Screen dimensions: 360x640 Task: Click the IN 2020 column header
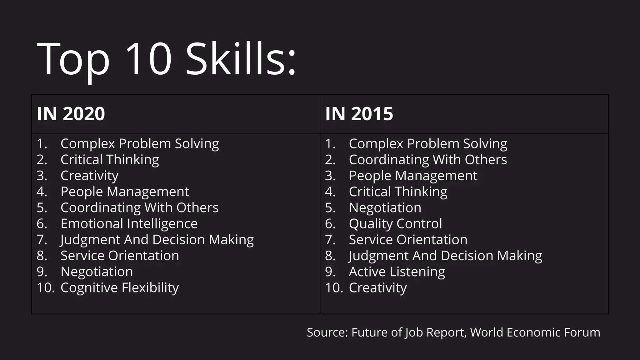pyautogui.click(x=71, y=114)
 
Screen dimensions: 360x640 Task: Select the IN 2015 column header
pyautogui.click(x=359, y=114)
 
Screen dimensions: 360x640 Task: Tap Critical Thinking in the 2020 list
pyautogui.click(x=110, y=160)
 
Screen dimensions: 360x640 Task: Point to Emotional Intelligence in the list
pyautogui.click(x=129, y=224)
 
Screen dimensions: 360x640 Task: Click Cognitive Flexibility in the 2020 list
pyautogui.click(x=120, y=288)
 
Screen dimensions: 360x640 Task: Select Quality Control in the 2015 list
pyautogui.click(x=395, y=224)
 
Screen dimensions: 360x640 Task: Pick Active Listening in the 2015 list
pyautogui.click(x=397, y=272)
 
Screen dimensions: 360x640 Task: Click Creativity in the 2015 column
pyautogui.click(x=378, y=288)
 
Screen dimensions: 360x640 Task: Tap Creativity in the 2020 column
pyautogui.click(x=89, y=176)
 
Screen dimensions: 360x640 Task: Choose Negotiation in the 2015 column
pyautogui.click(x=385, y=208)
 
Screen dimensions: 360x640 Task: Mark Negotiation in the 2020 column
pyautogui.click(x=97, y=272)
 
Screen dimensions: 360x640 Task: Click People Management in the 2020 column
pyautogui.click(x=125, y=192)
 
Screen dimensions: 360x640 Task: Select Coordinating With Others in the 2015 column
pyautogui.click(x=428, y=160)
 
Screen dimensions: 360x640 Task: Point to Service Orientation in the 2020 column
pyautogui.click(x=120, y=256)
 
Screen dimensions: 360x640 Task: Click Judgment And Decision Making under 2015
pyautogui.click(x=445, y=256)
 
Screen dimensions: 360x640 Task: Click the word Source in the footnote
pyautogui.click(x=327, y=332)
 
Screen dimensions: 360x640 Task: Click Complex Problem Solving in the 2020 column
pyautogui.click(x=140, y=144)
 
